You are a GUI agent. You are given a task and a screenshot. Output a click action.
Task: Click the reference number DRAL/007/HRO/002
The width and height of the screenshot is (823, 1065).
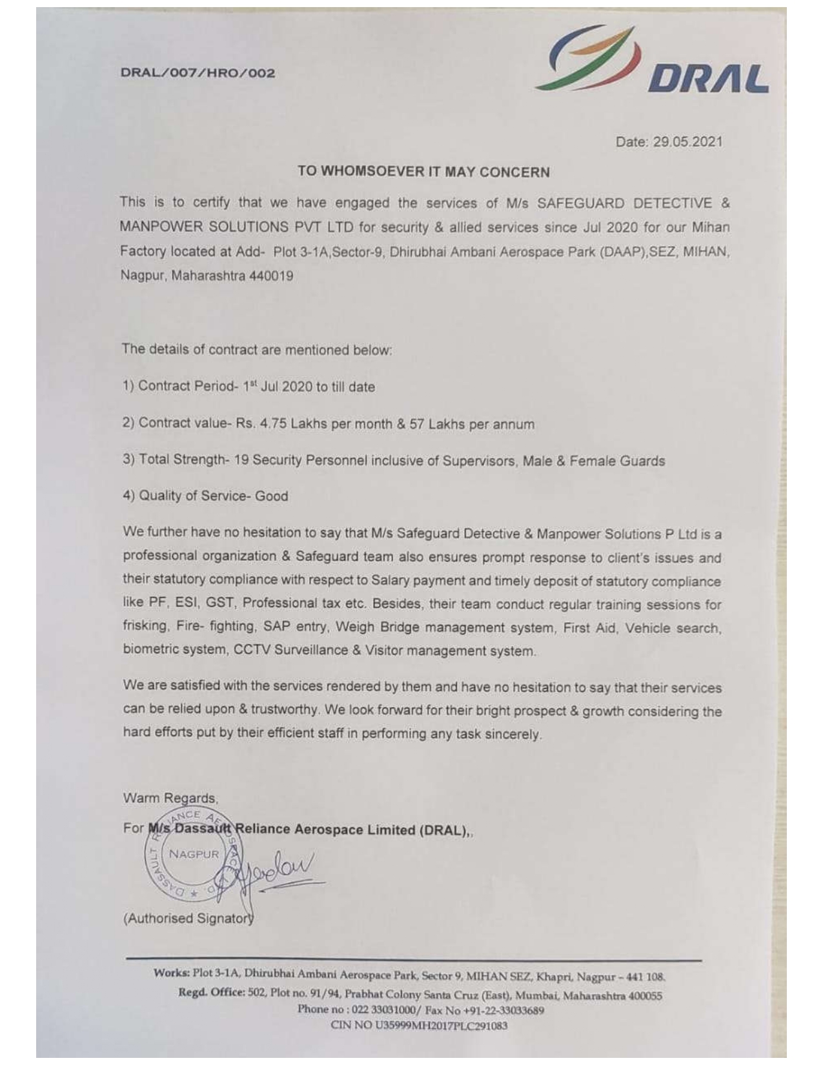click(x=198, y=73)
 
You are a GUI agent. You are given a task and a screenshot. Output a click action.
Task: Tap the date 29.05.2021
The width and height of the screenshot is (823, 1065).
click(x=687, y=142)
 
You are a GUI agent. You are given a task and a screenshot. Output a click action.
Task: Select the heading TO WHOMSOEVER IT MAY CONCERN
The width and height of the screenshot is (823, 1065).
click(x=423, y=172)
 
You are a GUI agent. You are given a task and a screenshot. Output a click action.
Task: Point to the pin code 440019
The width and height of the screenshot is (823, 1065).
click(x=271, y=276)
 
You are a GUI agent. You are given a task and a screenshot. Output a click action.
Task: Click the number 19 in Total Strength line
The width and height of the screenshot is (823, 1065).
click(x=241, y=460)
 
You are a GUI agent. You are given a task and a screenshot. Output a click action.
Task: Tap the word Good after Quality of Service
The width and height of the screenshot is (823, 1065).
click(x=272, y=496)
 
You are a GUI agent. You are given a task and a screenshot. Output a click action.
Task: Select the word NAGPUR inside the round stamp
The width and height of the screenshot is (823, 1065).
click(x=194, y=855)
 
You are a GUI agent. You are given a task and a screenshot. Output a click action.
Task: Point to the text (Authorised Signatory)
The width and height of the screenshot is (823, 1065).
click(x=188, y=918)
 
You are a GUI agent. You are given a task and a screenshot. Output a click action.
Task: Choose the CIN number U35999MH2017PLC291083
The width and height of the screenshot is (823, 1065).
click(x=441, y=1025)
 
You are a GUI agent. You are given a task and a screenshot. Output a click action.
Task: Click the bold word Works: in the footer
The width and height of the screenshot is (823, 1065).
click(x=171, y=973)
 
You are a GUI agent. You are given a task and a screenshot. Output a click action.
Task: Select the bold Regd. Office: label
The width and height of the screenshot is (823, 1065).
click(x=212, y=992)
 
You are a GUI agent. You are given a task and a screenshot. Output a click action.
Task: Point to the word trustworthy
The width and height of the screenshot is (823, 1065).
click(x=285, y=709)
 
